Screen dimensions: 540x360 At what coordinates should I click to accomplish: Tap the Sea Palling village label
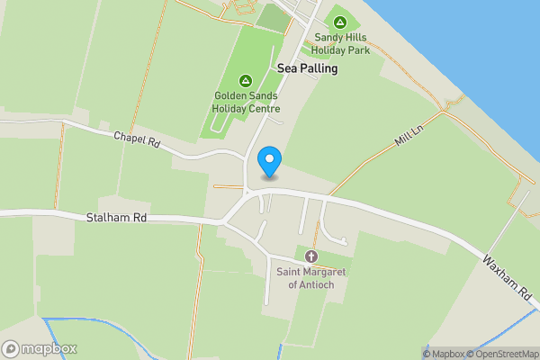click(x=307, y=67)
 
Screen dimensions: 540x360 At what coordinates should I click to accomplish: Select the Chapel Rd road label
click(x=136, y=139)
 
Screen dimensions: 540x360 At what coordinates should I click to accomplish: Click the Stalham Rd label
click(x=116, y=218)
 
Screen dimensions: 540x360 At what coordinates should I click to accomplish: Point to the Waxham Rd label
click(x=508, y=278)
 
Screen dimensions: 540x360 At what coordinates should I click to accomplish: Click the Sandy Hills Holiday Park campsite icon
click(x=340, y=22)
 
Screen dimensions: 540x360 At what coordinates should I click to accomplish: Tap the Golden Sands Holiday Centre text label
click(x=246, y=102)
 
